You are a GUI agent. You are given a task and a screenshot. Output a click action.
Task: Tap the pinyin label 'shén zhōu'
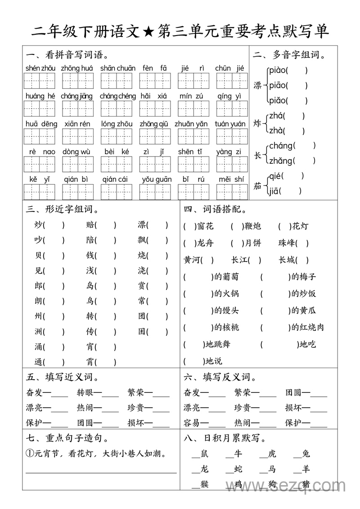41,68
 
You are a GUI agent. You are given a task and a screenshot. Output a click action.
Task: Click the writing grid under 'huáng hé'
40,109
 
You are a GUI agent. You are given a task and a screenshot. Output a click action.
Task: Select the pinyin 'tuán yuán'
230,124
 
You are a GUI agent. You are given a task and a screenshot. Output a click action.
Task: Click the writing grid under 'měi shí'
232,192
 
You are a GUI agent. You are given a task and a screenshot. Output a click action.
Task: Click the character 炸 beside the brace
257,123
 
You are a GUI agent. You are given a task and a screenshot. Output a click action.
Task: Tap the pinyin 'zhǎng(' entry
281,160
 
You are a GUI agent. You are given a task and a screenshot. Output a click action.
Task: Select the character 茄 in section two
257,185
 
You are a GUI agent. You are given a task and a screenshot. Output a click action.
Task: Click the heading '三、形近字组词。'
63,209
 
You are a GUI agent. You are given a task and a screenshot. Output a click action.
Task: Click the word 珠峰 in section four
287,243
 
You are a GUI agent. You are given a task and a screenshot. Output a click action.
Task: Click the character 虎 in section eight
272,454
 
